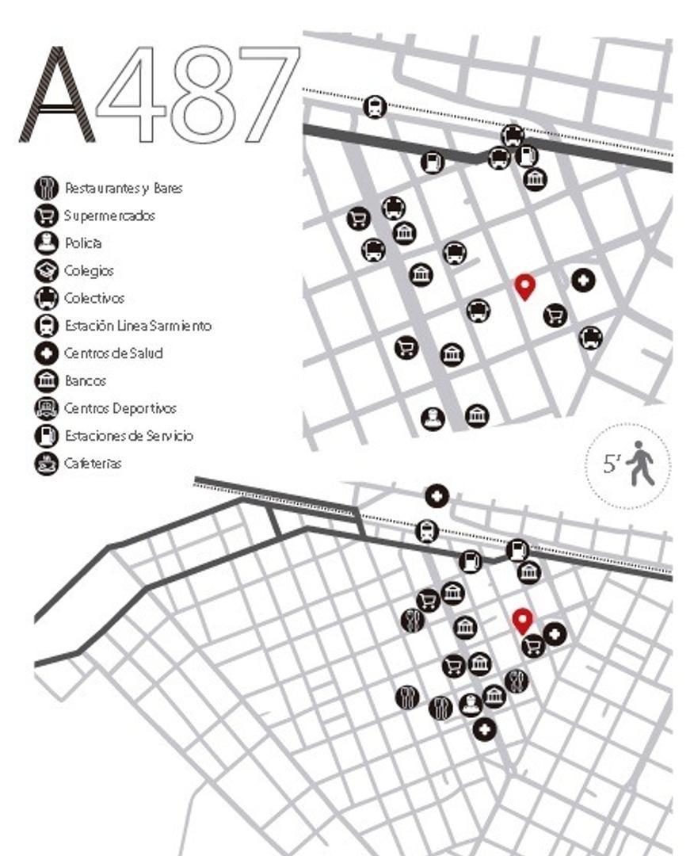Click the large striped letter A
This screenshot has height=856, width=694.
click(56, 95)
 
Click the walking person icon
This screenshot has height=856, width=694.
click(640, 464)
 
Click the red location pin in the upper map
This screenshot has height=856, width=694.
click(524, 286)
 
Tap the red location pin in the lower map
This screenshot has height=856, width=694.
click(521, 621)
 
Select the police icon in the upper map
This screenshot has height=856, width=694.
click(432, 417)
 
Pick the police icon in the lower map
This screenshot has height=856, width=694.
click(471, 704)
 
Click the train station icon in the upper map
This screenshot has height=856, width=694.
click(375, 106)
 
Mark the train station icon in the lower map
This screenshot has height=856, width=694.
click(427, 530)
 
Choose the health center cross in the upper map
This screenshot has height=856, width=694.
click(583, 280)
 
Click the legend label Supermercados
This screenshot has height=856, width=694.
click(110, 216)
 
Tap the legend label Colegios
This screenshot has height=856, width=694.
click(89, 270)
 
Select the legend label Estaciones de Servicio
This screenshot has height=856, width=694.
click(128, 435)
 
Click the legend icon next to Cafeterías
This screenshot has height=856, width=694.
click(47, 463)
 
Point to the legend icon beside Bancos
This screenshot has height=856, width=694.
click(47, 380)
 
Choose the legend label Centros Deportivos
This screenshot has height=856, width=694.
click(120, 408)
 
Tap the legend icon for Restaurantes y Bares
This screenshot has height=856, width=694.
click(47, 188)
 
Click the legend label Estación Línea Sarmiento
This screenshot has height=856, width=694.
click(138, 325)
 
